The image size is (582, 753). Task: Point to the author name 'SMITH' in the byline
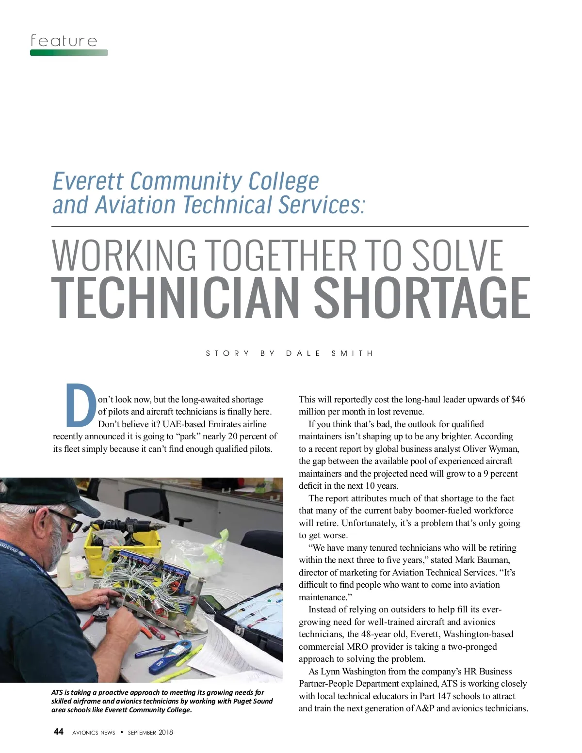(x=352, y=353)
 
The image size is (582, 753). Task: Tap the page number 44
(x=58, y=732)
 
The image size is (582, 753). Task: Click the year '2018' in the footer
(x=165, y=732)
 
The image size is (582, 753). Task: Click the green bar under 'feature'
(x=69, y=52)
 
